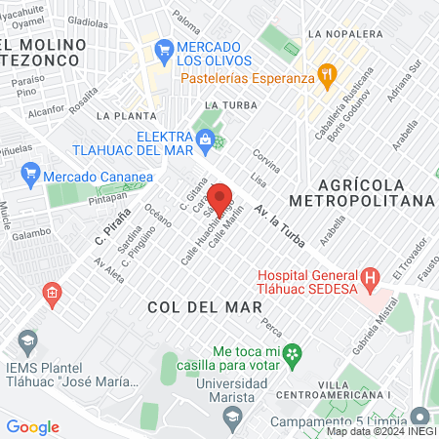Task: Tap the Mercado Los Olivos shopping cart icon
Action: pos(163,48)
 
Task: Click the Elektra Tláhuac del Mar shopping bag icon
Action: pos(205,141)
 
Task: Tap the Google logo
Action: pos(32,426)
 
